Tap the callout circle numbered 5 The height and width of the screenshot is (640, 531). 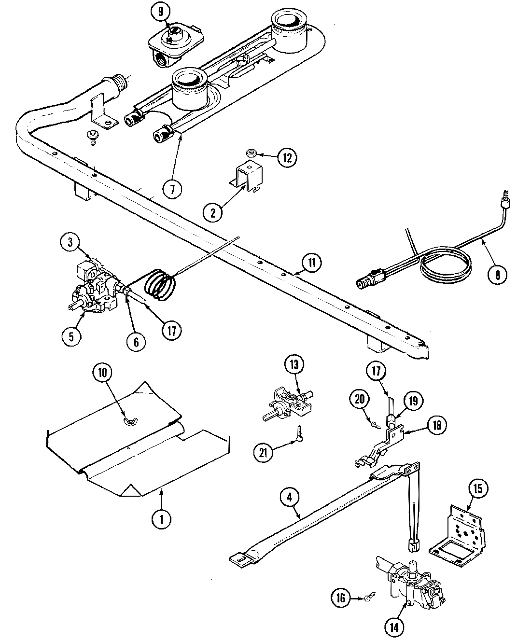[71, 336]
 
